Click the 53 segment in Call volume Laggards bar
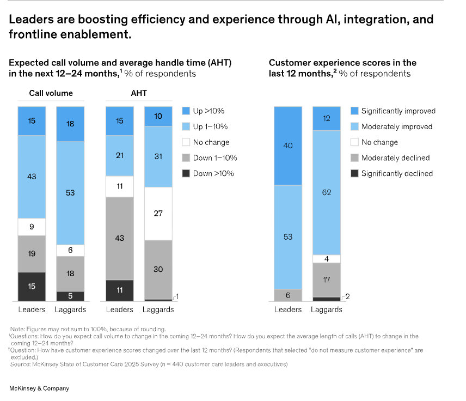click(x=70, y=193)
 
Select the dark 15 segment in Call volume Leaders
click(x=32, y=286)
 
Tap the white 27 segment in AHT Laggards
click(x=158, y=214)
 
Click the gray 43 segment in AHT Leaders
click(x=119, y=238)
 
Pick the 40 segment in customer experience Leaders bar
click(x=288, y=145)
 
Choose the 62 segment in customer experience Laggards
click(x=326, y=192)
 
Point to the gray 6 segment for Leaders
click(x=288, y=295)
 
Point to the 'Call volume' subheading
click(x=51, y=93)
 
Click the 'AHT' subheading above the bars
click(x=139, y=93)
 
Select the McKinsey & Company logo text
click(x=39, y=388)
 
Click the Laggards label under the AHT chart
click(x=158, y=309)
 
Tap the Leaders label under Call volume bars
click(x=32, y=309)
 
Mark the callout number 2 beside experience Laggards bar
click(x=347, y=296)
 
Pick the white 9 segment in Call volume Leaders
click(x=32, y=227)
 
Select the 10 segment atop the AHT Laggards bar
click(x=158, y=117)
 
